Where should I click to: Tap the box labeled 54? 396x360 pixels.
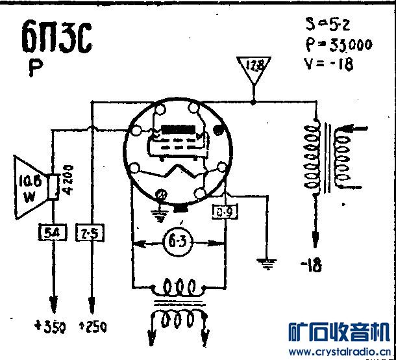click(x=50, y=231)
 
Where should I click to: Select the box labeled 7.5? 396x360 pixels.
click(x=89, y=232)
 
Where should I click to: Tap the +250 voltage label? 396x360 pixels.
click(x=93, y=327)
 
